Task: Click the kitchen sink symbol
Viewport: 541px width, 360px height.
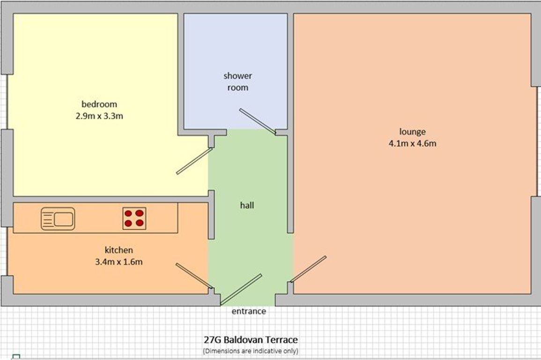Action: (58, 218)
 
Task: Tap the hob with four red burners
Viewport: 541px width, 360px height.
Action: (134, 218)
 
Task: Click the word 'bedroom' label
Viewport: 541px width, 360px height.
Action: (99, 104)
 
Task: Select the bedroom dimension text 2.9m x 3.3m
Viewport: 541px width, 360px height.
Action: (99, 116)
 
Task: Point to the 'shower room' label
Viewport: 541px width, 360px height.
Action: (238, 82)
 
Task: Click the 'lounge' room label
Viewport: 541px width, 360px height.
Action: (412, 132)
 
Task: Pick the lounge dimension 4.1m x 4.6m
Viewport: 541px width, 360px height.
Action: (412, 143)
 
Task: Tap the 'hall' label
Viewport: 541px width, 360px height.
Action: (247, 205)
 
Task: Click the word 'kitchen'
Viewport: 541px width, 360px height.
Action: (119, 250)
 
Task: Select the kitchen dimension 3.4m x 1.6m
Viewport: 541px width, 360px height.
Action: (119, 262)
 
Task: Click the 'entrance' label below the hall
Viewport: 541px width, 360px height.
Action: (249, 311)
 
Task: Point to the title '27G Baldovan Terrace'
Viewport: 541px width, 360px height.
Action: (251, 340)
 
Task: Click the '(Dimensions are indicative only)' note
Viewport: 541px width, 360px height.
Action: (251, 351)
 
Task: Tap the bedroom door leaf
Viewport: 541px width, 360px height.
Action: (194, 161)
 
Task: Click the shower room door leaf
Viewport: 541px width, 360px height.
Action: (258, 121)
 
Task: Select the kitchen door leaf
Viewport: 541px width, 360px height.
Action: (194, 276)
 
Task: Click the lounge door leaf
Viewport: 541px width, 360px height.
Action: (308, 269)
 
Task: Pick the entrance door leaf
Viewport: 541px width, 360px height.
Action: (241, 290)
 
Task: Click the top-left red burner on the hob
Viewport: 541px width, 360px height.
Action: (128, 213)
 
